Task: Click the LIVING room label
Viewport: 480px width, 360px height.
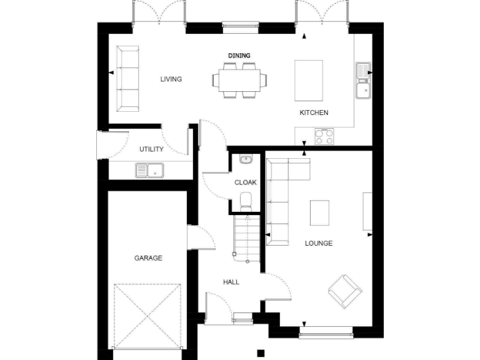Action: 171,79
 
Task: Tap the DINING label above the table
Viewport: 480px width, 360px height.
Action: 239,56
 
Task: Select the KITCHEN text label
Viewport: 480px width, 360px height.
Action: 314,112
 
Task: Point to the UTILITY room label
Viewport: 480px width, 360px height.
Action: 151,149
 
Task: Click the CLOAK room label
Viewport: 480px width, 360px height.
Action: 246,182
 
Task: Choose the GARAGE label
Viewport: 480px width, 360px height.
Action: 148,257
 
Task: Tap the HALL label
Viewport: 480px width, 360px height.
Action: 231,282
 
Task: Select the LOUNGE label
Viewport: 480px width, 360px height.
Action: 318,243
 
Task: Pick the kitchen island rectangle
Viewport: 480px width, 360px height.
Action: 309,80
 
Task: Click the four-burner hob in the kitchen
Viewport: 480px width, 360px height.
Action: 324,136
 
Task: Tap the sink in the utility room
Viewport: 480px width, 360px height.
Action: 149,169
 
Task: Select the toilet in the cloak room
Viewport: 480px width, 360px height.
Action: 246,201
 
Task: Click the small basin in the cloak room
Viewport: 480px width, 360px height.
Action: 246,159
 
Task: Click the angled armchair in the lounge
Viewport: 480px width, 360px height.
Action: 344,291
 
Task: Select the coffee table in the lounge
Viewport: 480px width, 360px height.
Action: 319,213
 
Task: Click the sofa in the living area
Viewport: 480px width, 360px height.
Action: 129,79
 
